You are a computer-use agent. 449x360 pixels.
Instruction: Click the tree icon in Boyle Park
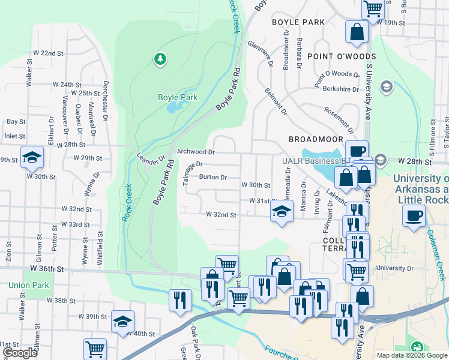tap(160, 58)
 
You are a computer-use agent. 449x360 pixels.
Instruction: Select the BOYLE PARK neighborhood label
tap(298, 22)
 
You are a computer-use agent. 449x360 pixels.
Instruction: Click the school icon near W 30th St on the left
tap(32, 157)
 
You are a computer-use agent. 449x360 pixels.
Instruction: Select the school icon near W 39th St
tap(122, 321)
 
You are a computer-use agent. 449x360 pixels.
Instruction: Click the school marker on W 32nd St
tap(281, 211)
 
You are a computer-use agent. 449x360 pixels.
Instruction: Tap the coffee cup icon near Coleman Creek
tap(414, 215)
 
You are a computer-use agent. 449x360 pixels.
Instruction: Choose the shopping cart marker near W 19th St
tap(373, 8)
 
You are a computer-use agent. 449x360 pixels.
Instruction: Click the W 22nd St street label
tap(49, 53)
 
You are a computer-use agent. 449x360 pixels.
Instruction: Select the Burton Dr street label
tap(213, 177)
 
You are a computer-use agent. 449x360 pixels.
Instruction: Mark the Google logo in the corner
tap(20, 353)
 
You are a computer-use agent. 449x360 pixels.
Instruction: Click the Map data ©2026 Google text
tap(411, 355)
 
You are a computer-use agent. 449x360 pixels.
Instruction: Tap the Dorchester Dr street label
tap(106, 100)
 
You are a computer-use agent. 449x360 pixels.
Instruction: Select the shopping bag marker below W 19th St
tap(357, 33)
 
